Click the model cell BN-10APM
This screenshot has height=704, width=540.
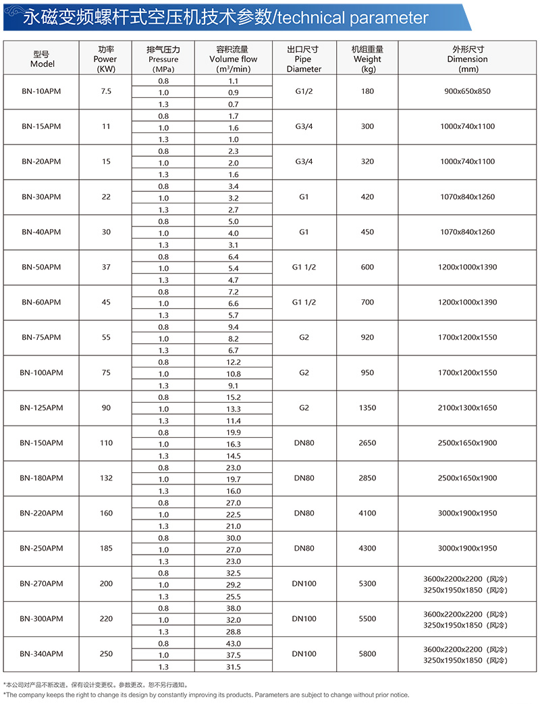click(x=41, y=91)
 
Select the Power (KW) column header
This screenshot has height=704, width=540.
click(x=106, y=59)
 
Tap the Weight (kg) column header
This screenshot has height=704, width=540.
click(x=367, y=59)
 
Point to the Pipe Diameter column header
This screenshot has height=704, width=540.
click(x=303, y=59)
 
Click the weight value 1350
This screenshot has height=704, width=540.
click(x=367, y=407)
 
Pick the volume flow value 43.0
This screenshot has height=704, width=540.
click(x=233, y=643)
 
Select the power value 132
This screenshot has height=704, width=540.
click(x=106, y=478)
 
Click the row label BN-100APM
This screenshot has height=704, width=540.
click(x=41, y=372)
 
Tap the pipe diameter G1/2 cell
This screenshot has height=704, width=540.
click(x=304, y=91)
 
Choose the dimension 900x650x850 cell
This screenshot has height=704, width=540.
click(x=467, y=91)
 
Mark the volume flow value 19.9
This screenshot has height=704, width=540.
click(x=233, y=432)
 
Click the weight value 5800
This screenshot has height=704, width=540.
click(x=367, y=653)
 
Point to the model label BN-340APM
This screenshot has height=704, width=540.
click(x=41, y=653)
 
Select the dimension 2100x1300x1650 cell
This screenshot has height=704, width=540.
click(x=467, y=407)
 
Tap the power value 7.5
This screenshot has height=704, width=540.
click(x=106, y=91)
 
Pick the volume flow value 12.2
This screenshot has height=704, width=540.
click(x=233, y=362)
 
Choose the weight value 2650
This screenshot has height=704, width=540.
click(x=367, y=443)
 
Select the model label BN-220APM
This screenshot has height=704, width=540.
click(x=41, y=513)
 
